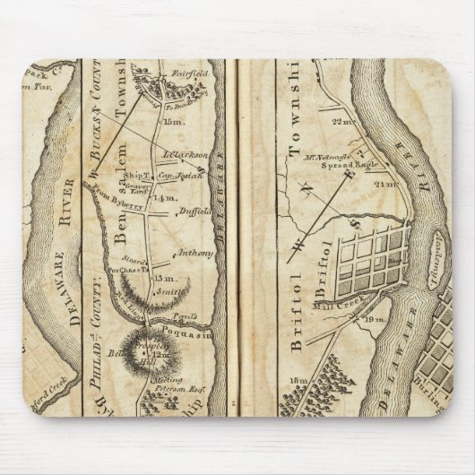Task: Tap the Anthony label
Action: [195, 253]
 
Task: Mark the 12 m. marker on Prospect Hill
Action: [162, 355]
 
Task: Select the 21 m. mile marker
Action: [385, 183]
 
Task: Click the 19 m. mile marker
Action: [375, 320]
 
